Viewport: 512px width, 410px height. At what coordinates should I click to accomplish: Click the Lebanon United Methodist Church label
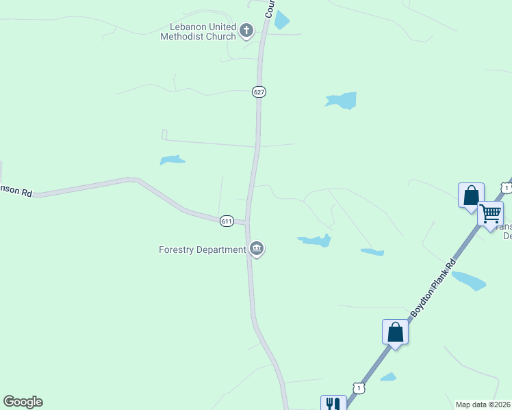coord(198,31)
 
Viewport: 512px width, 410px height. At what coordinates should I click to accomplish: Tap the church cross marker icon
coord(246,30)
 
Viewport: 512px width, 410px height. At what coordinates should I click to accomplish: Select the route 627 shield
coord(258,92)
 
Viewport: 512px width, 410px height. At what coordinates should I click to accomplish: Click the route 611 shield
coord(227,221)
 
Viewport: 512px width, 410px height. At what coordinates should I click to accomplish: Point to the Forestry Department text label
coord(202,249)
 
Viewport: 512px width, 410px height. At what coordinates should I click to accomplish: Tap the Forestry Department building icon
coord(257,249)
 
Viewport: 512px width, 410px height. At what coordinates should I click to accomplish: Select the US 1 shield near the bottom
coord(359,387)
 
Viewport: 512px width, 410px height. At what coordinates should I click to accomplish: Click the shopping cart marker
coord(490,214)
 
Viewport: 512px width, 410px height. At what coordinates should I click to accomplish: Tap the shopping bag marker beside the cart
coord(471,196)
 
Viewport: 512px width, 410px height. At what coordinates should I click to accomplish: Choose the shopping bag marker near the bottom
coord(395,333)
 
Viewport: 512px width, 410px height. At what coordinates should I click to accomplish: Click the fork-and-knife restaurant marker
coord(333,404)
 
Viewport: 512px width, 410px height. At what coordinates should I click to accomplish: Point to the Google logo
coord(23,402)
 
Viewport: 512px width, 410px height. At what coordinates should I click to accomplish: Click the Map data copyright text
coord(483,405)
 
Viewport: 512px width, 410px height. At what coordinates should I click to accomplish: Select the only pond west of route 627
coord(172,160)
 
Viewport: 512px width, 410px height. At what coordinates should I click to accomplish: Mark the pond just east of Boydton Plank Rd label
coord(469,280)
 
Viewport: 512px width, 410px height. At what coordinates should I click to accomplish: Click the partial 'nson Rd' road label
coord(16,192)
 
